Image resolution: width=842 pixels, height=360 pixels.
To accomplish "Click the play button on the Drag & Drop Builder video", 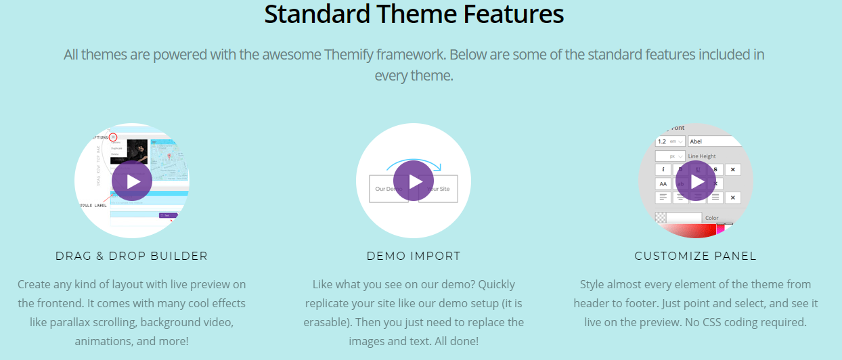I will coord(132,181).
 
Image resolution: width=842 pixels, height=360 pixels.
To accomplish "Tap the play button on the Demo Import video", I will coord(414,181).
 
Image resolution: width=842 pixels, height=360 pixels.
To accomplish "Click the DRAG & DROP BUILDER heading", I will coord(132,256).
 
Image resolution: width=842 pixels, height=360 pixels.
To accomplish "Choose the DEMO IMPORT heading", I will coord(414,256).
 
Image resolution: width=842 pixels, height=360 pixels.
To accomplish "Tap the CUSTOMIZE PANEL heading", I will coord(695,256).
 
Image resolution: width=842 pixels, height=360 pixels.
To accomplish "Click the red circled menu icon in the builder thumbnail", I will coord(113,137).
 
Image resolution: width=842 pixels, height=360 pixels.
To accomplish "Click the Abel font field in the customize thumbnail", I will coord(714,141).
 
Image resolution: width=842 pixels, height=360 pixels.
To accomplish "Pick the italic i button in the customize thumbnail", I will coord(663,169).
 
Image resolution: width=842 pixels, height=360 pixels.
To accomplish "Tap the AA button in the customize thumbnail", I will coord(663,183).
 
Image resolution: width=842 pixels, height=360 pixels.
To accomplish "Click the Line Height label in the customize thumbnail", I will coord(702,156).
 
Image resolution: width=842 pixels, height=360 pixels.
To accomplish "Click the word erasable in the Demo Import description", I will coord(325,322).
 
